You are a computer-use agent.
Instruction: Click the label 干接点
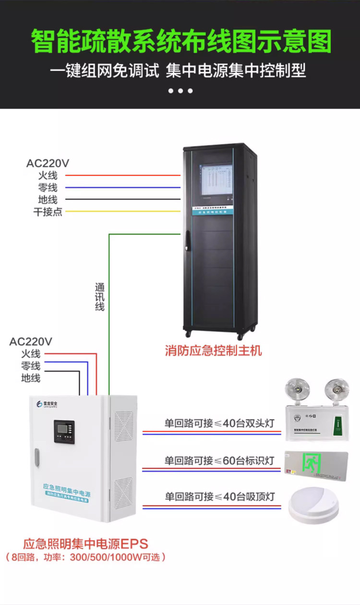tap(48, 212)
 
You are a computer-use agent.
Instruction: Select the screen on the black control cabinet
tap(216, 180)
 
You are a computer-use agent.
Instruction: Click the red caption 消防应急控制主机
tap(214, 351)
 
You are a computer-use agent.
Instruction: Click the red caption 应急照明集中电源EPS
tap(86, 544)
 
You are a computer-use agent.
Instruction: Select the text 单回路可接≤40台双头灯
tap(219, 423)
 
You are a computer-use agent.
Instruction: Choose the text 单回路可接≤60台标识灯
tap(219, 460)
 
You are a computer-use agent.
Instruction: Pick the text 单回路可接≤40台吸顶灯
tap(220, 496)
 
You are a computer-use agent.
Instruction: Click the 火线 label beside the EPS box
tap(31, 354)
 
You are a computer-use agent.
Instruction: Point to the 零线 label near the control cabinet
tap(48, 188)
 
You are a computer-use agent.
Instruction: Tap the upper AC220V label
tap(48, 163)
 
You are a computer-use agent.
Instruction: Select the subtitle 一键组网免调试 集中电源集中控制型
tap(178, 71)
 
